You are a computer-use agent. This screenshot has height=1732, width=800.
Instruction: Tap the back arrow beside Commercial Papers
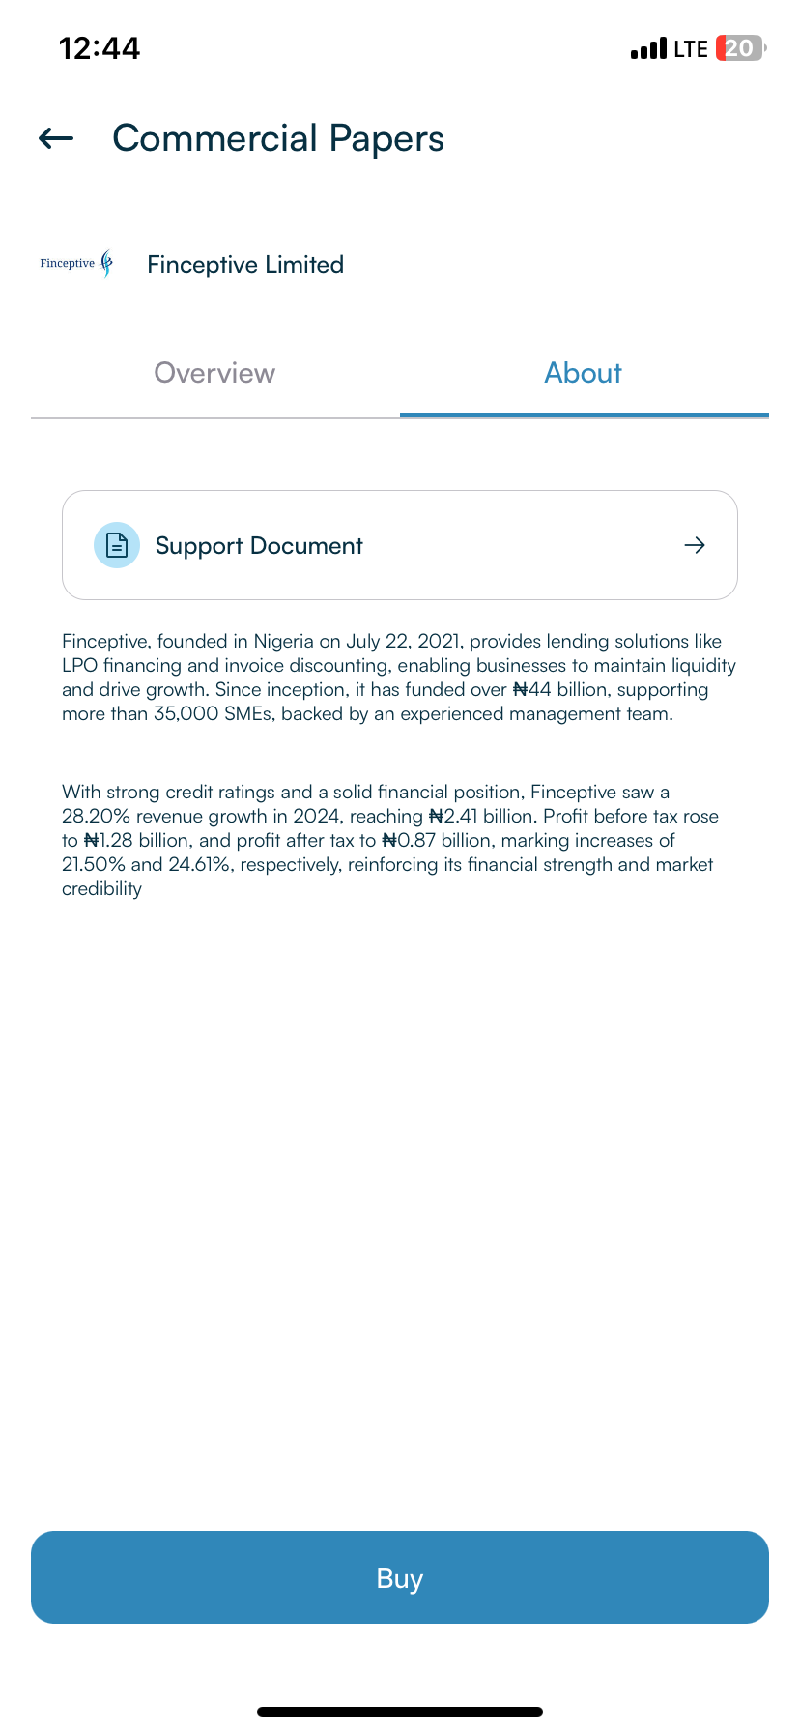(x=56, y=139)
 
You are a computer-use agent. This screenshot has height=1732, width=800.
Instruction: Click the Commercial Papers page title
(x=278, y=139)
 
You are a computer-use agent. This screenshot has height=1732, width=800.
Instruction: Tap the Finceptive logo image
(x=77, y=264)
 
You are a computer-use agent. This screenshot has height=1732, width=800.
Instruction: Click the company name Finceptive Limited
(x=245, y=265)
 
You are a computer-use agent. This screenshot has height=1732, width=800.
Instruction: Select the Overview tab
(x=214, y=373)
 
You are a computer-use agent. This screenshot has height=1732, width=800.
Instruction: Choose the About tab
(x=584, y=373)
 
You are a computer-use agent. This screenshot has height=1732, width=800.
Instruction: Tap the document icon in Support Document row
(x=117, y=545)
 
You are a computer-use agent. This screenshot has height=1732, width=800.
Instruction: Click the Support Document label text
(x=259, y=546)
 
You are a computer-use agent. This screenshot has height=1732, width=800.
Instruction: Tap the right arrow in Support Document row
(x=695, y=545)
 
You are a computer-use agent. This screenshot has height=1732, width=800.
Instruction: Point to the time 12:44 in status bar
(x=100, y=48)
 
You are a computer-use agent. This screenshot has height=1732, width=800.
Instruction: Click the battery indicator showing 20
(x=740, y=48)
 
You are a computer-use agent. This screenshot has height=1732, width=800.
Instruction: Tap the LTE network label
(x=691, y=48)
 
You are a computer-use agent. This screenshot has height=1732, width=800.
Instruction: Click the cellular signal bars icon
(x=648, y=48)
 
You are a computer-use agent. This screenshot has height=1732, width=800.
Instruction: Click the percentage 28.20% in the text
(x=96, y=817)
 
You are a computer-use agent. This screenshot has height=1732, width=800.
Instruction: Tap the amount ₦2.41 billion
(x=481, y=817)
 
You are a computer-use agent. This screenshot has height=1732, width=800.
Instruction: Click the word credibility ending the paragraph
(x=101, y=889)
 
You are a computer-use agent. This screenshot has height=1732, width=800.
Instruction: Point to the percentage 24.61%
(x=200, y=865)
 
